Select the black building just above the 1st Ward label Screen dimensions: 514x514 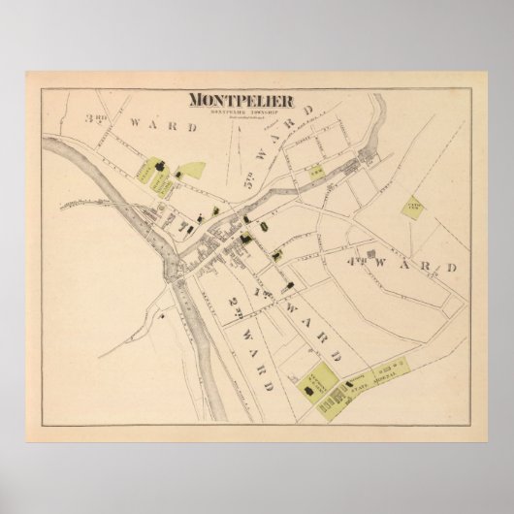(x=289, y=283)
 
